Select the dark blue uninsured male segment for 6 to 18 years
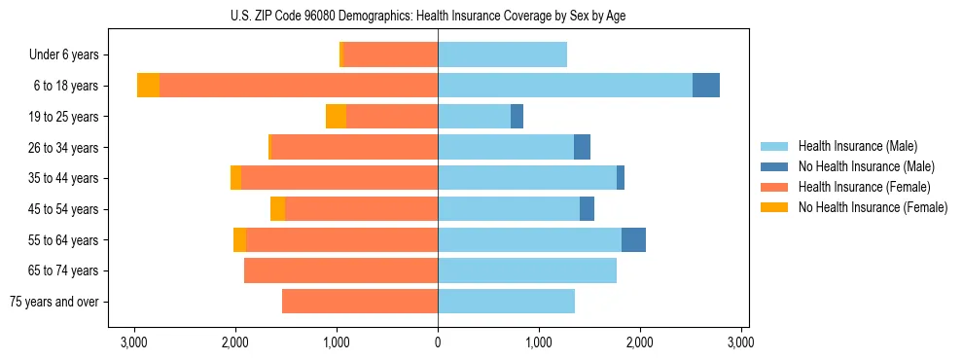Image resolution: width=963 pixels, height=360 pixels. (705, 86)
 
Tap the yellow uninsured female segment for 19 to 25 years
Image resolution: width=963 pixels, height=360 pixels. (336, 117)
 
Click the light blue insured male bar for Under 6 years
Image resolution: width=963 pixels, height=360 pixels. (502, 55)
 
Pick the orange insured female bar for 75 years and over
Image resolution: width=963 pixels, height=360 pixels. (360, 302)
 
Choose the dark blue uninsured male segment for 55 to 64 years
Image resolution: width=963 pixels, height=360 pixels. (633, 240)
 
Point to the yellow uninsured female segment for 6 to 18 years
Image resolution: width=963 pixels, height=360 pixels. (148, 86)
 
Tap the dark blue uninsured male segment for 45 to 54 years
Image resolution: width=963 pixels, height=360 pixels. (587, 209)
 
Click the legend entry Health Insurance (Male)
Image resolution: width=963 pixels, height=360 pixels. (856, 146)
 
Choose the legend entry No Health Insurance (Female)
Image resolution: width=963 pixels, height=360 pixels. (873, 207)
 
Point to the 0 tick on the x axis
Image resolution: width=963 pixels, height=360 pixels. (438, 342)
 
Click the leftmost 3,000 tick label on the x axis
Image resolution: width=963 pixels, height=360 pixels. (133, 342)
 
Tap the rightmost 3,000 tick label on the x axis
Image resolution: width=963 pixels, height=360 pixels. (740, 342)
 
